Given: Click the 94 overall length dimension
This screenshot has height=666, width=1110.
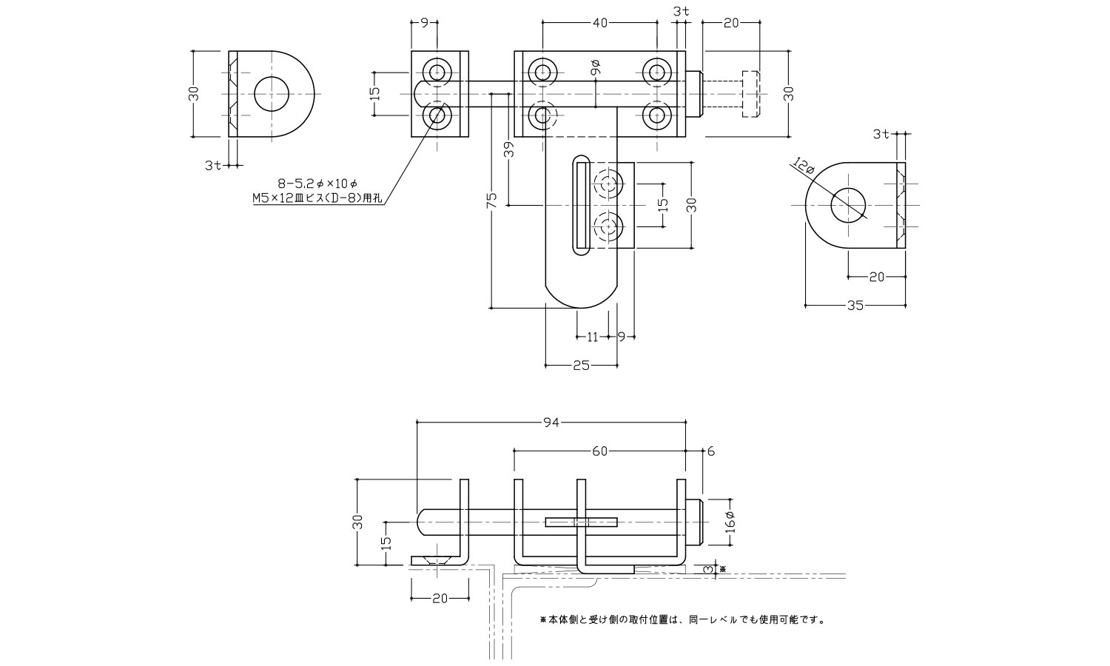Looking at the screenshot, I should point(550,423).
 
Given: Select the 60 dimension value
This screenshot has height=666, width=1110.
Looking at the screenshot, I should point(600,451).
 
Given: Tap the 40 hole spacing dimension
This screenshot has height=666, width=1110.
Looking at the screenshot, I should point(600,23).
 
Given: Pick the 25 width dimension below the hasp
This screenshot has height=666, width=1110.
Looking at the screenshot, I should point(582,366).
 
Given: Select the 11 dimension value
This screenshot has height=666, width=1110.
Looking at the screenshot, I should point(592,337).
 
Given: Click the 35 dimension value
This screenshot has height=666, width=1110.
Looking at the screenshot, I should point(855,305).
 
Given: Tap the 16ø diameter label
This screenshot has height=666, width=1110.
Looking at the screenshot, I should point(730,522).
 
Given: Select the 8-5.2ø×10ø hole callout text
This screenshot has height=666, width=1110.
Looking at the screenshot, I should point(317,182).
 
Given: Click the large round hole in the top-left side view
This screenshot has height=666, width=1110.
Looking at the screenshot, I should point(272,94).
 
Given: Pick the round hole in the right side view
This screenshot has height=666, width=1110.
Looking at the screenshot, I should point(848,205).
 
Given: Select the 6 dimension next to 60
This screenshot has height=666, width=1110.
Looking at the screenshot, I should point(710,451).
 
